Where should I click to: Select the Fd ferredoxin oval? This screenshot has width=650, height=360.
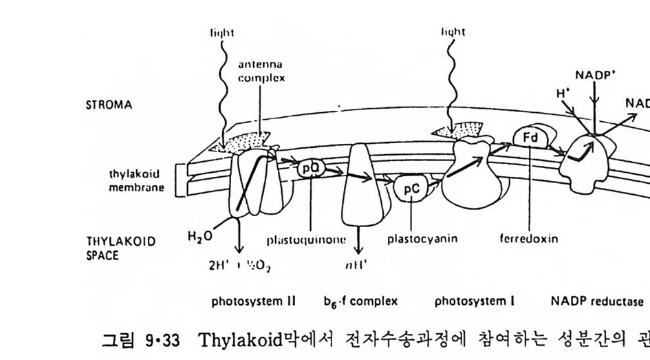coord(530,138)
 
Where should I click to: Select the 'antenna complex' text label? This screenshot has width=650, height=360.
coord(261,72)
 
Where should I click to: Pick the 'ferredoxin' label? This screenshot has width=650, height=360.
coord(529,240)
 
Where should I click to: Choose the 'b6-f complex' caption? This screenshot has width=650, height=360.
coord(360,301)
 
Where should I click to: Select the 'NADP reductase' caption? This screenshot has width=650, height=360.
coord(598,301)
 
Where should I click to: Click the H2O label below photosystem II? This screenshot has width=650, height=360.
coord(200,237)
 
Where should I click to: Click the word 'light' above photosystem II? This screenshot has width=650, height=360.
coord(221,32)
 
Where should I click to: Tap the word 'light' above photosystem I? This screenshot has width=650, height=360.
coord(453,32)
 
